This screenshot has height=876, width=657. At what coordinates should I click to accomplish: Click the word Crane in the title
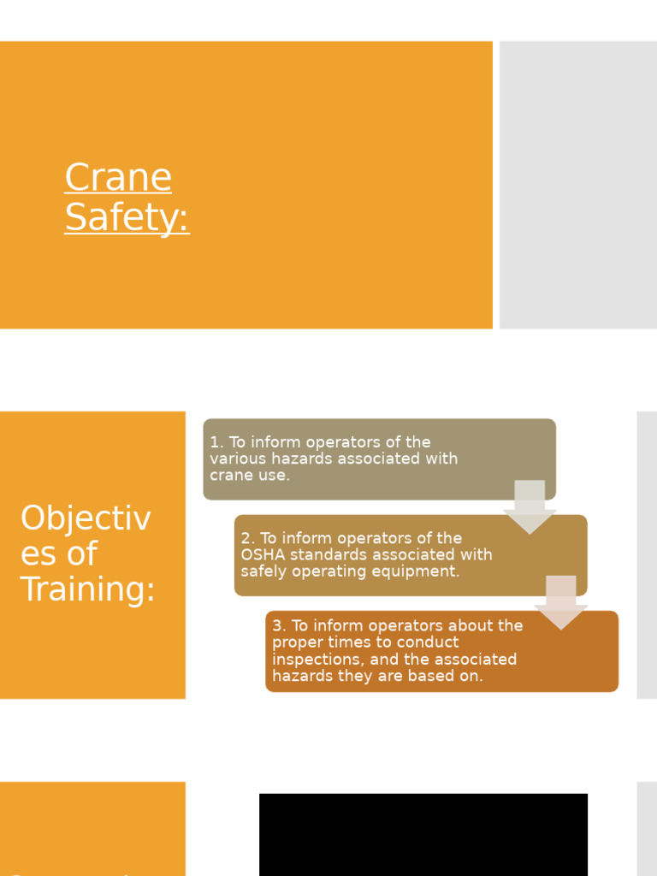pyautogui.click(x=118, y=178)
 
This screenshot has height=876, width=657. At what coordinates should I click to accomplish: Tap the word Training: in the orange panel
pyautogui.click(x=87, y=589)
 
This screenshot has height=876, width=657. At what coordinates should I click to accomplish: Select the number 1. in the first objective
pyautogui.click(x=216, y=442)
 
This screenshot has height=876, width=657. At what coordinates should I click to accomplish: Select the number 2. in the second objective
pyautogui.click(x=248, y=538)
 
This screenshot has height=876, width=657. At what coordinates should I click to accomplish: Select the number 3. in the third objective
pyautogui.click(x=280, y=625)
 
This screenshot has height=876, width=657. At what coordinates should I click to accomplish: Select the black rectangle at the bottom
pyautogui.click(x=423, y=834)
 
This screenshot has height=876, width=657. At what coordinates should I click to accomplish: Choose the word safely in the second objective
pyautogui.click(x=264, y=571)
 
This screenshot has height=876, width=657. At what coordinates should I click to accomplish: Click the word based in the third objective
pyautogui.click(x=435, y=676)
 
